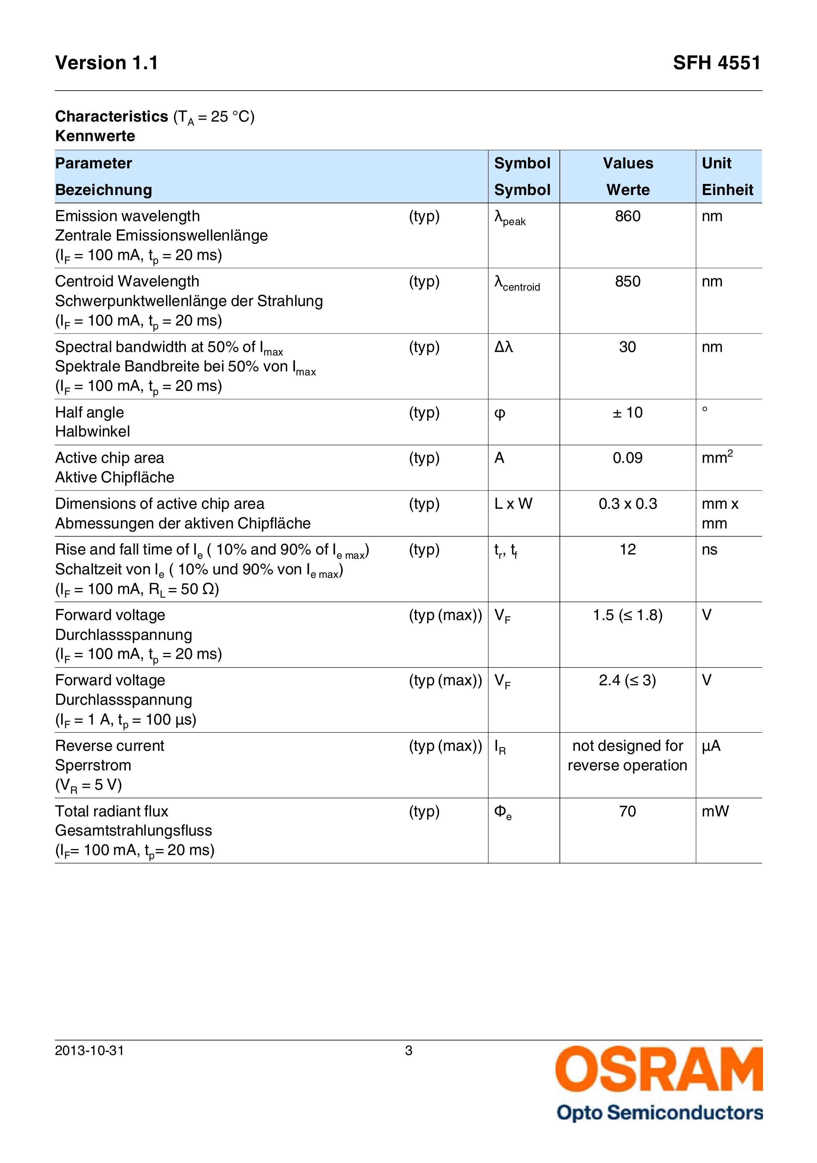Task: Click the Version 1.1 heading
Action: pyautogui.click(x=106, y=63)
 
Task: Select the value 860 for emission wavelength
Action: pyautogui.click(x=627, y=216)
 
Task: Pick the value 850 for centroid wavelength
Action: pyautogui.click(x=627, y=282)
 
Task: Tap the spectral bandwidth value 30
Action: pyautogui.click(x=627, y=347)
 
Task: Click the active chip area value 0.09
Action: pyautogui.click(x=627, y=458)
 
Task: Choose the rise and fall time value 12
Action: pyautogui.click(x=627, y=550)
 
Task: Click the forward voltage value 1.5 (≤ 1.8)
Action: pyautogui.click(x=627, y=615)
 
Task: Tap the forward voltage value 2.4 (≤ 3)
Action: pyautogui.click(x=627, y=680)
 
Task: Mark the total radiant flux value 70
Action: pyautogui.click(x=627, y=811)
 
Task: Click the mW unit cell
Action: pyautogui.click(x=715, y=811)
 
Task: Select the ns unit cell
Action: pyautogui.click(x=709, y=550)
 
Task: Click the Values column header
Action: pyautogui.click(x=628, y=163)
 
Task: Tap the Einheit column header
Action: pyautogui.click(x=727, y=190)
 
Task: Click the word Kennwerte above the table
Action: pyautogui.click(x=95, y=136)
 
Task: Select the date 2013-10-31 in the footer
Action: pyautogui.click(x=90, y=1051)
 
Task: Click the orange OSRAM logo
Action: pyautogui.click(x=659, y=1069)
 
